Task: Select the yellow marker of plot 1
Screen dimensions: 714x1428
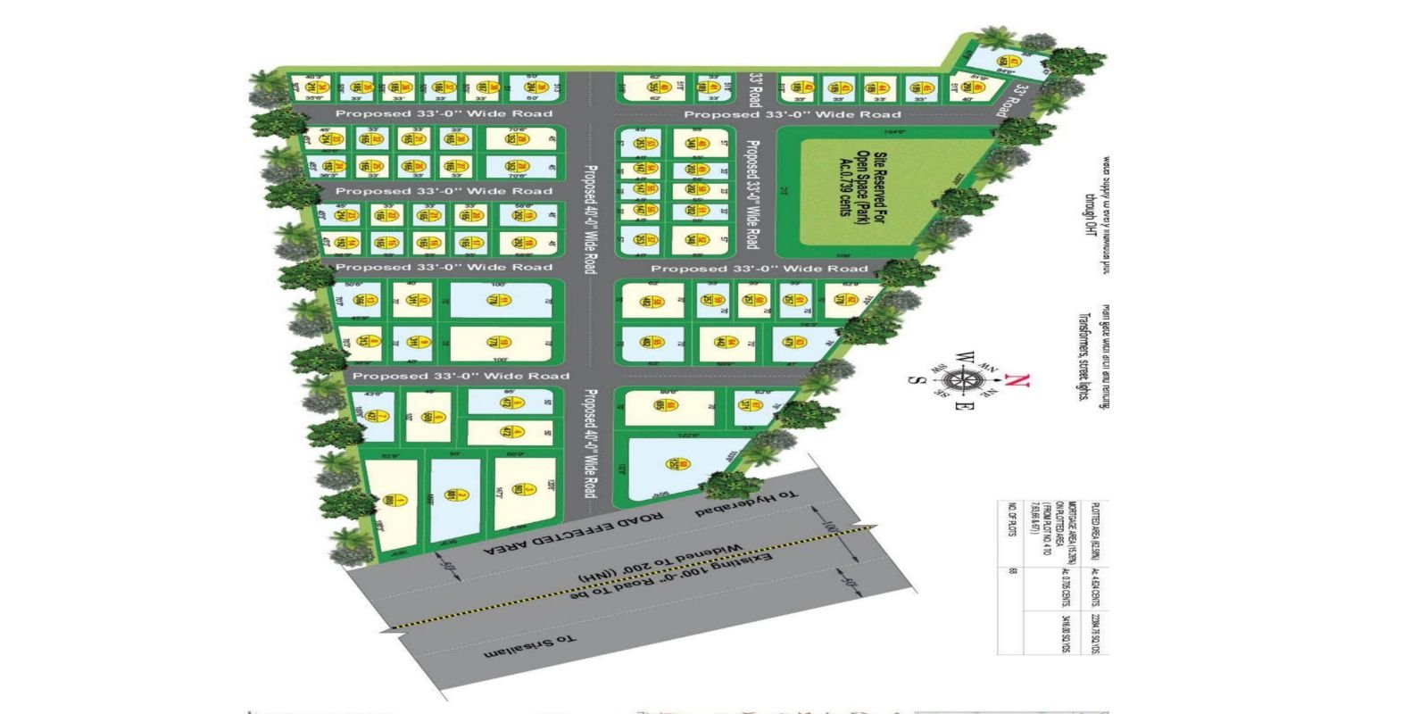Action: (x=387, y=500)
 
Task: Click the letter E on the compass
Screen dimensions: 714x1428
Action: (x=961, y=408)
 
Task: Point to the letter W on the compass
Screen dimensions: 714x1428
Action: (x=962, y=356)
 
